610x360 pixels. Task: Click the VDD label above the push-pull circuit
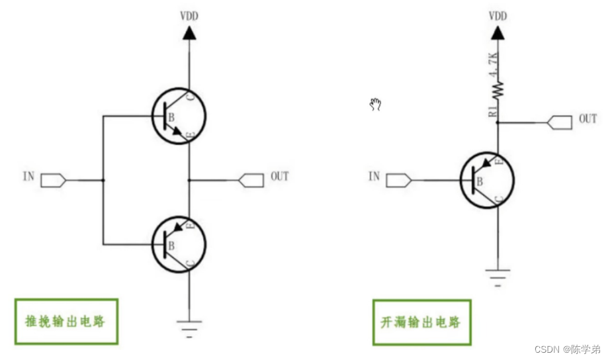189,16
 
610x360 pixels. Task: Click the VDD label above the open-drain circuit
498,16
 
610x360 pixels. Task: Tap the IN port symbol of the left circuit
54,180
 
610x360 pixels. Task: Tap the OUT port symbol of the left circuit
251,180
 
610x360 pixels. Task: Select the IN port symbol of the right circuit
399,180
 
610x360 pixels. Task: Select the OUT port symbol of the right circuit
560,122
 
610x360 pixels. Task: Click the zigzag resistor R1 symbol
498,89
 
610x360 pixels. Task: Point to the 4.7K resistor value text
494,65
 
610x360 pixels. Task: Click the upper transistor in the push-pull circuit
179,116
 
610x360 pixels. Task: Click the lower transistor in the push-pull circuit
179,244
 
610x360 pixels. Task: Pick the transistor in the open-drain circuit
487,180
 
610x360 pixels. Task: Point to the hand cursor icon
375,105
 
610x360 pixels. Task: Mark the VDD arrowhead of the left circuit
189,33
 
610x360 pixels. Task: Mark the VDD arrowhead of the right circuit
498,33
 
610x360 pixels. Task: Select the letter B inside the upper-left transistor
171,117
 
